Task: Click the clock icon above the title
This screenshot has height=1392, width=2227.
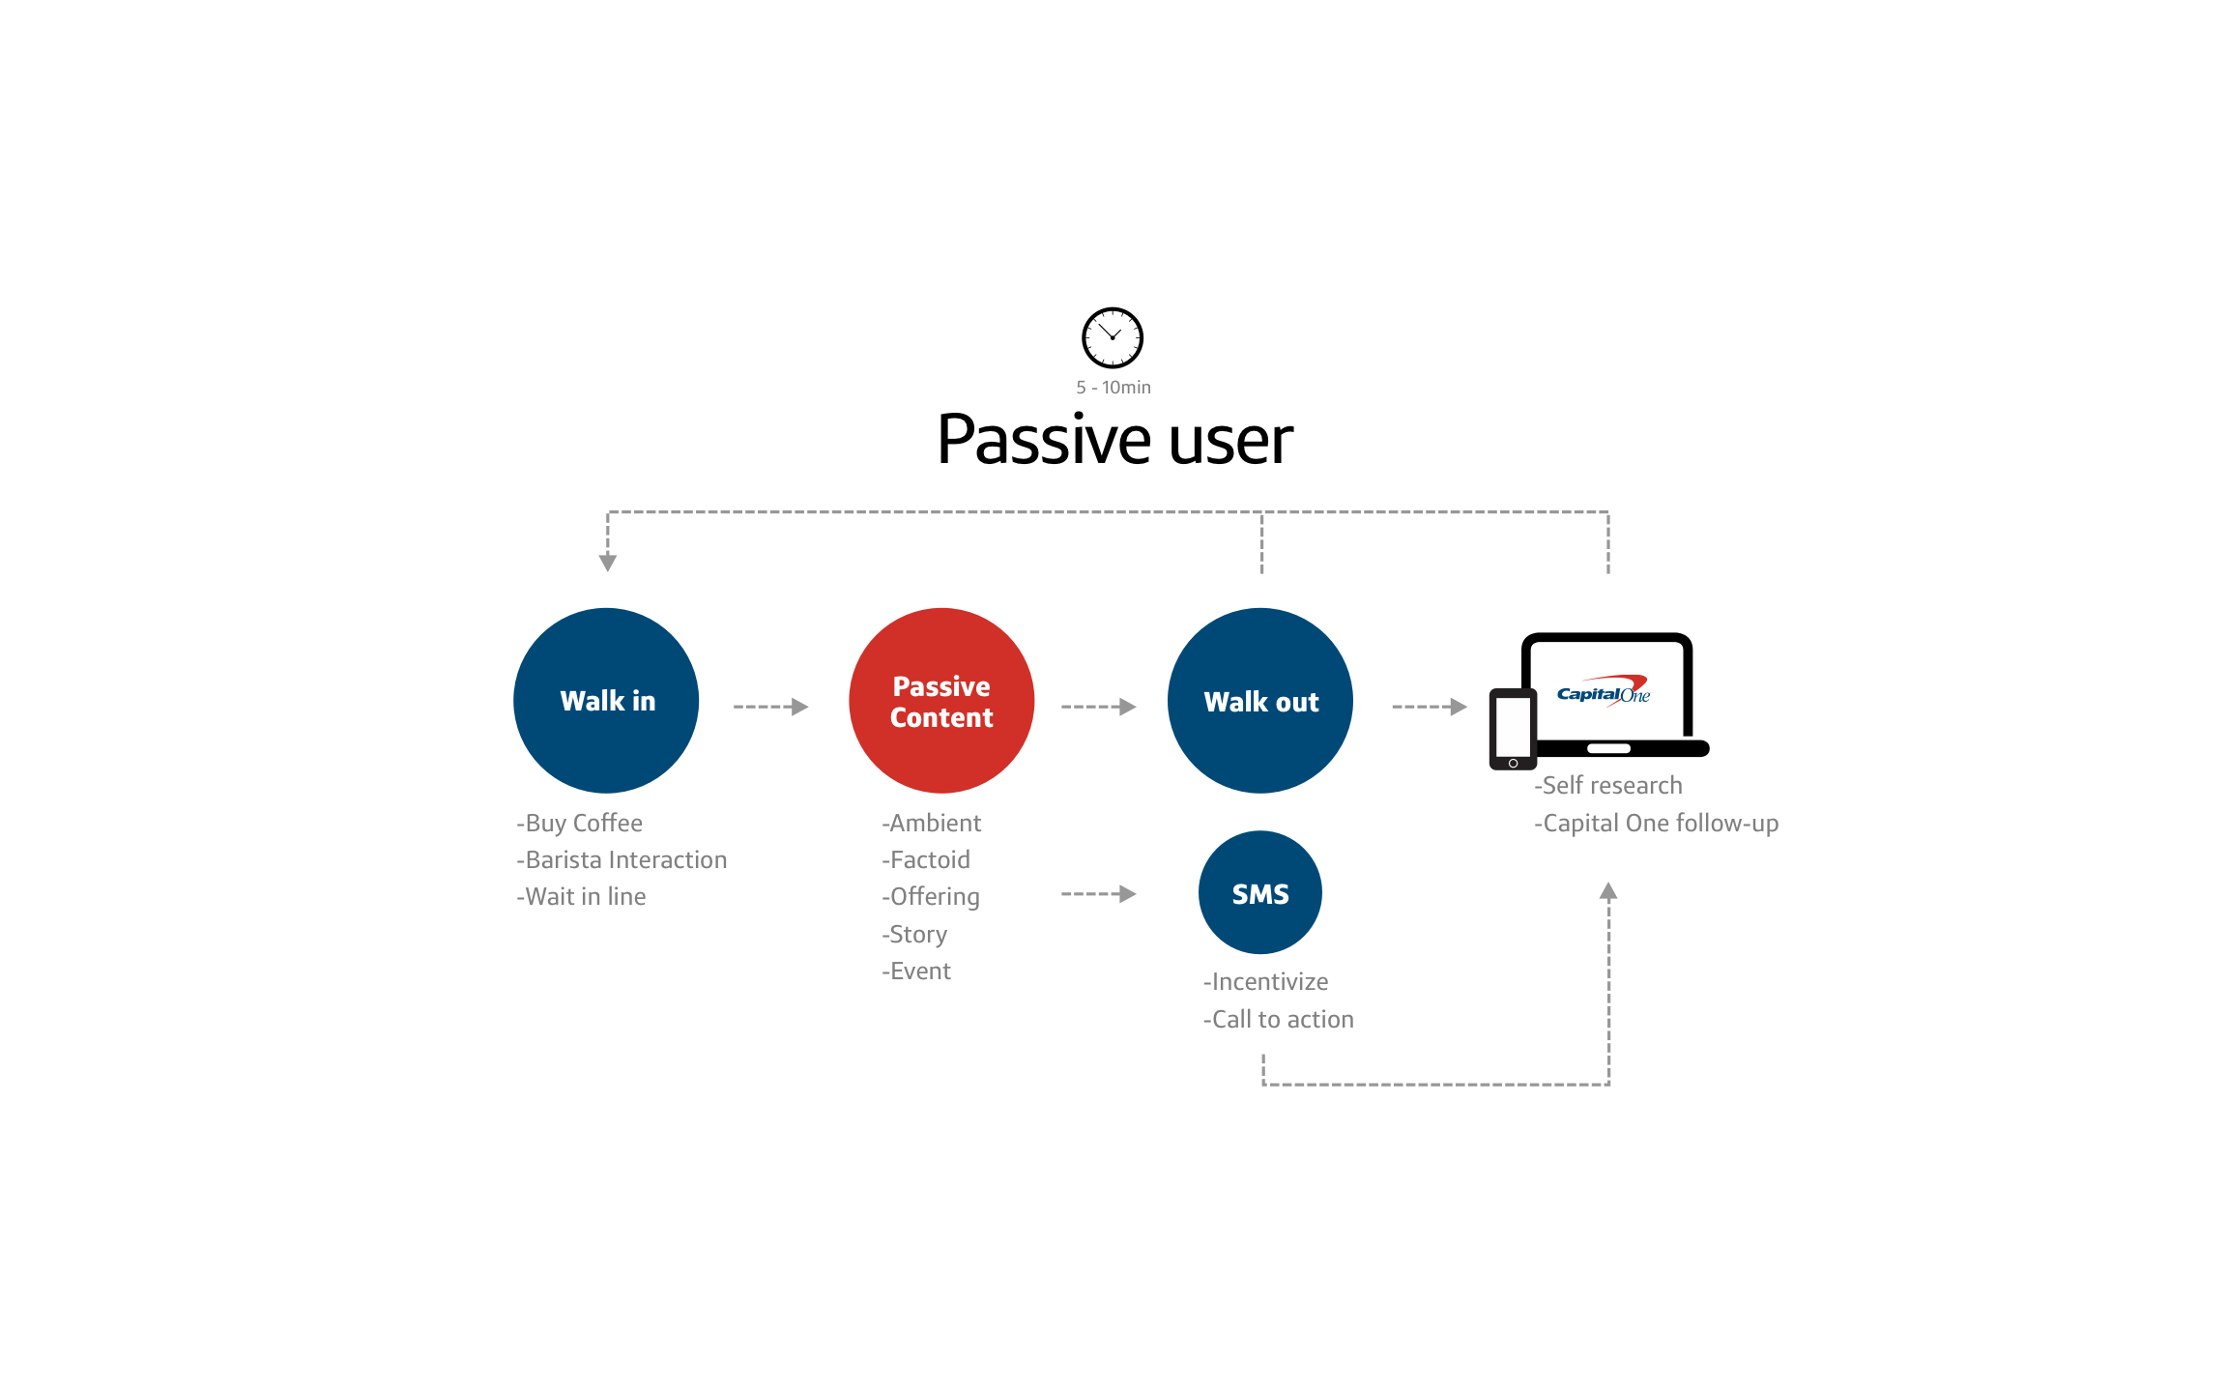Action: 1112,337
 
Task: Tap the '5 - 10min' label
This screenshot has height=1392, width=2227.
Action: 1113,388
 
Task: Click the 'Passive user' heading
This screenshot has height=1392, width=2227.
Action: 1114,440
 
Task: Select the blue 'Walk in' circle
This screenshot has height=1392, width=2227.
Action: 606,701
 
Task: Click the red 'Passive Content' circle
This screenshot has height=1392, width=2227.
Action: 941,701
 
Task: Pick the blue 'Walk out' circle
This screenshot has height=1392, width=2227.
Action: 1260,701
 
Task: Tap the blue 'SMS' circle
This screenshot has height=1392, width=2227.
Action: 1260,893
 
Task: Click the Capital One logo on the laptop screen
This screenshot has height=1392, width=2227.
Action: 1604,692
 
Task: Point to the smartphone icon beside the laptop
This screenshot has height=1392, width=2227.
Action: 1513,729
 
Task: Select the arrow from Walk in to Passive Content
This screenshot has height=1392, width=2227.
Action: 770,707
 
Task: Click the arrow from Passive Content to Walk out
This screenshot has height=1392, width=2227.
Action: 1098,707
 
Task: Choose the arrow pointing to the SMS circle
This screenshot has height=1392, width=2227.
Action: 1098,894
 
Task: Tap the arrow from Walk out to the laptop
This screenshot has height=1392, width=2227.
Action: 1430,707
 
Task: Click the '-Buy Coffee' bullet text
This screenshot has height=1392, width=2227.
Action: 580,824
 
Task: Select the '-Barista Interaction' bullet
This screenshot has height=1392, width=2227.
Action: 622,860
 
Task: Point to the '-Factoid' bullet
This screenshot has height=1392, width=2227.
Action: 926,860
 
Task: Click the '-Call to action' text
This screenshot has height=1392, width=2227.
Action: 1279,1020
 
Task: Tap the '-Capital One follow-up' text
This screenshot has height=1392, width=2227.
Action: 1657,824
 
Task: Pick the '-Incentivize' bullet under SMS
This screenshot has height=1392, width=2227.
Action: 1266,982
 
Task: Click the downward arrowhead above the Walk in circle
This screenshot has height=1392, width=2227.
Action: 608,563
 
